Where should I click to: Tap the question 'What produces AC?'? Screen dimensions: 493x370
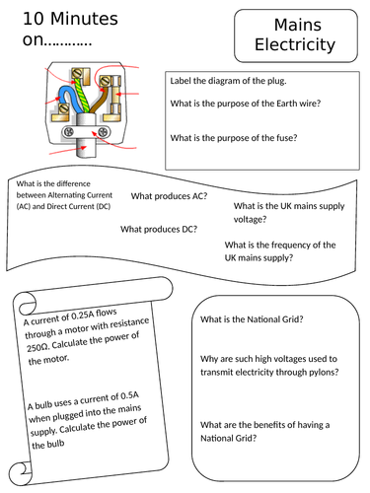(169, 196)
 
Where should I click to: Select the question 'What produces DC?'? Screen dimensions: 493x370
(158, 229)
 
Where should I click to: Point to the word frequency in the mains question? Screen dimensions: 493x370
(293, 245)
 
